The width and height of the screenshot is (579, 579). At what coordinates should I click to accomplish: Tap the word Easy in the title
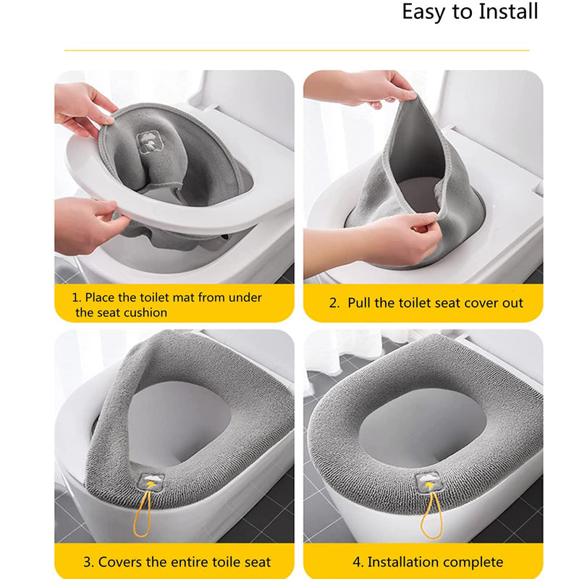[x=424, y=12]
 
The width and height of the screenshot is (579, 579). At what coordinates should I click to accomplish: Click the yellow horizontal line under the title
[x=297, y=50]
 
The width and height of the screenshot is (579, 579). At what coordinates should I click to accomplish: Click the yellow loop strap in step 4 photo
[x=432, y=515]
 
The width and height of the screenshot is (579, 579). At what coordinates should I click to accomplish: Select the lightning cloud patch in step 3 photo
[x=151, y=483]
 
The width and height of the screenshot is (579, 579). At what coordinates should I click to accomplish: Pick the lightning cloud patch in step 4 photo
[x=428, y=482]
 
